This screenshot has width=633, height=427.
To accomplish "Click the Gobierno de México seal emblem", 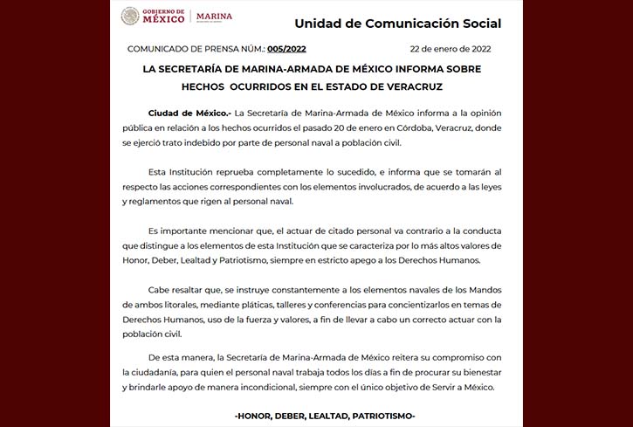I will coord(130,16).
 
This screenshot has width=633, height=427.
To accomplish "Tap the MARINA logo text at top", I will coord(214,16).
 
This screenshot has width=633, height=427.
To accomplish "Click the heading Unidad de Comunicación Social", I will coord(397,23).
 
